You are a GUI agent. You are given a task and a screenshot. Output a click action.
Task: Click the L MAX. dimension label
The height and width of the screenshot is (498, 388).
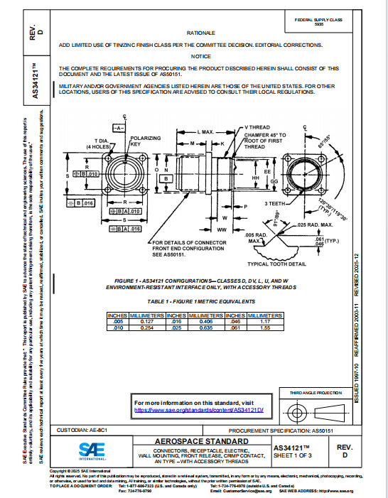point(205,133)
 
